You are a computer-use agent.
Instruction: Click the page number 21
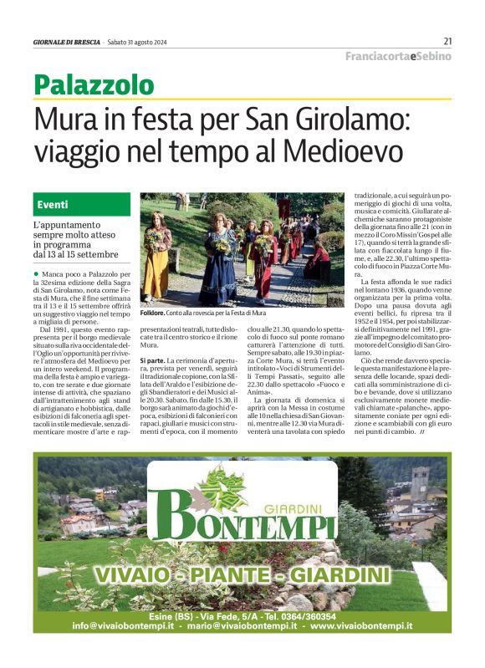447,41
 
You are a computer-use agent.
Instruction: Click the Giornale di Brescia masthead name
67,42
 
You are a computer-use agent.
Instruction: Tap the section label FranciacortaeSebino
398,56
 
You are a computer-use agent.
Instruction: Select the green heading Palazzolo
94,84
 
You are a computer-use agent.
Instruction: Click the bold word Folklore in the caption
155,313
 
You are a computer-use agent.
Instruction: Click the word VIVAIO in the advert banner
139,576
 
